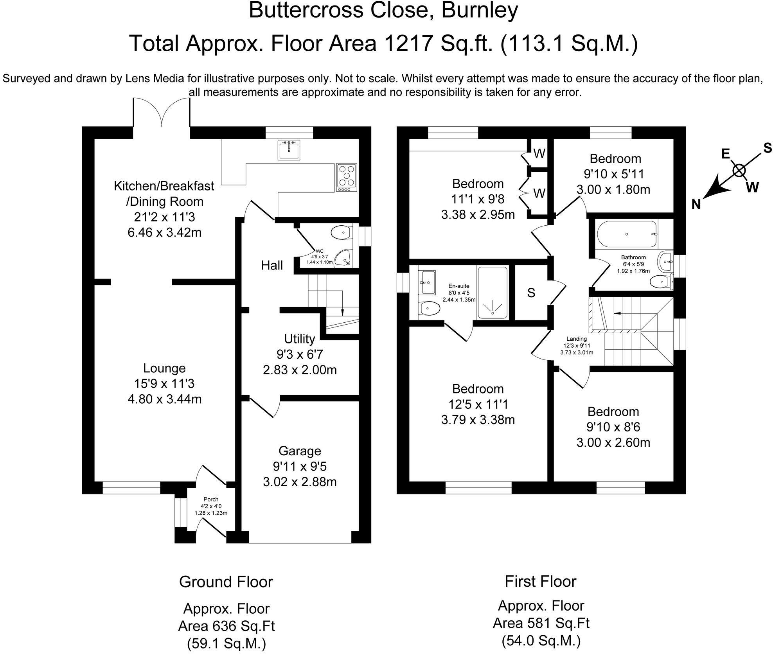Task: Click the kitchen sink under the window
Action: point(289,150)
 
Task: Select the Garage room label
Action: point(300,451)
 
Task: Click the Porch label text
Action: point(211,499)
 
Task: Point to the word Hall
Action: point(272,266)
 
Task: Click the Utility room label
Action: point(300,339)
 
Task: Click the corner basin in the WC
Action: point(344,257)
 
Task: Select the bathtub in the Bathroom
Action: point(626,234)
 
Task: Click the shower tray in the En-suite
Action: point(493,293)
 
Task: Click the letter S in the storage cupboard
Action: point(531,293)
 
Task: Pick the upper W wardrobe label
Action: point(539,154)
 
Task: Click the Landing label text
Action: point(577,339)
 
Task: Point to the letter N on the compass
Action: point(696,205)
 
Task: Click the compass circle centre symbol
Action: point(739,170)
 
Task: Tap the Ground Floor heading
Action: point(226,582)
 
